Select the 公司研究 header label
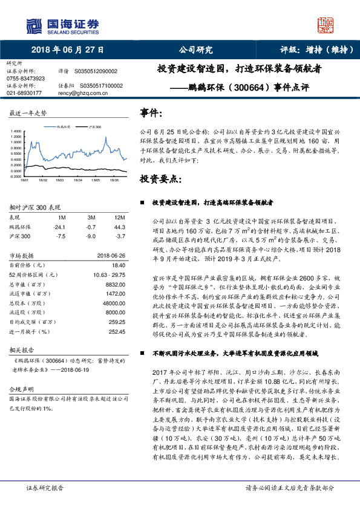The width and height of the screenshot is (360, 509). pos(196,50)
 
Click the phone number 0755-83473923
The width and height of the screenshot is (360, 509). pos(25,79)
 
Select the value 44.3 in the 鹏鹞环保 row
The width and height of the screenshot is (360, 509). pos(119,227)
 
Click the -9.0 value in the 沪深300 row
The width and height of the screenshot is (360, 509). pos(91,236)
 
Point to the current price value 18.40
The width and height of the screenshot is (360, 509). pos(119,265)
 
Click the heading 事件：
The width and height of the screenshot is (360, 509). pos(151,113)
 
